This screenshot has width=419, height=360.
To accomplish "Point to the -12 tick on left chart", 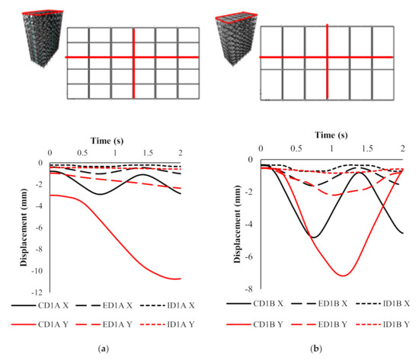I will (39, 292).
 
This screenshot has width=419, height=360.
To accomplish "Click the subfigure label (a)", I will (114, 349).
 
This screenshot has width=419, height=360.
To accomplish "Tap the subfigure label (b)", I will (327, 349).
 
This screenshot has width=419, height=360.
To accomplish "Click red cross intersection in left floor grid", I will (134, 57).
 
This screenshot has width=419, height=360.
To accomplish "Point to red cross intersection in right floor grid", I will (328, 57).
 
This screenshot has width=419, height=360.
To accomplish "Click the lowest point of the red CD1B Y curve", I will (344, 275).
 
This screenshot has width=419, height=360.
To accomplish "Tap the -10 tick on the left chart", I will (39, 271).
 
